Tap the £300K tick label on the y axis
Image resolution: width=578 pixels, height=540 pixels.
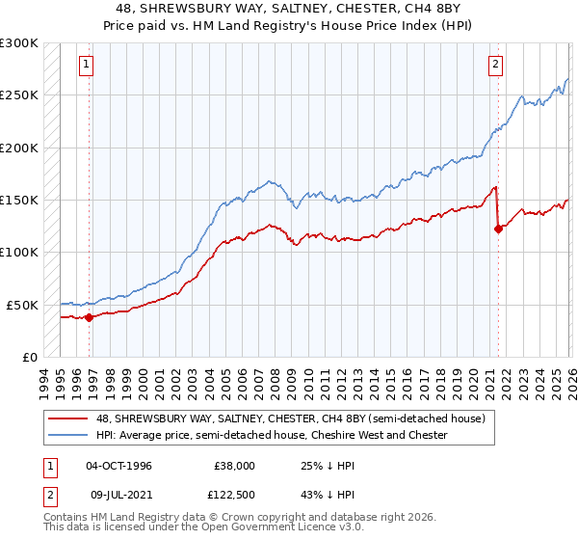[19, 43]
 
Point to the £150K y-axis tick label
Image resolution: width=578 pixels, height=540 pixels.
[19, 200]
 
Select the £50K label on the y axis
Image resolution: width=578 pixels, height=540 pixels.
[22, 305]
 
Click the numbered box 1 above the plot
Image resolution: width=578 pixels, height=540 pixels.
[87, 65]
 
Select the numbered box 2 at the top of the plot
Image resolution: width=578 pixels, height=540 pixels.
[495, 65]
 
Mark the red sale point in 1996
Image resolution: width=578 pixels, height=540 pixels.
[89, 316]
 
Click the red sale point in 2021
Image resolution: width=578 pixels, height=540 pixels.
[498, 229]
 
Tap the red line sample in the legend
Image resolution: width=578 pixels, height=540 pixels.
[68, 418]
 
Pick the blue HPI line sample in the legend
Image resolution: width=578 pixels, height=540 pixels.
[68, 435]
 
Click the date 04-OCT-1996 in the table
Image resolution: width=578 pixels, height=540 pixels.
[118, 466]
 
